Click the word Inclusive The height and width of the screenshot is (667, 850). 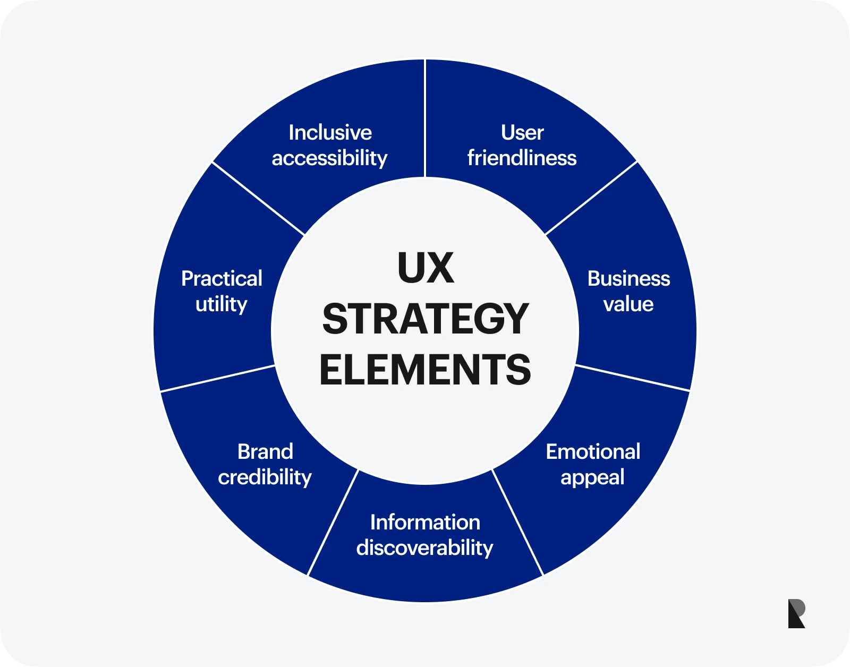tap(330, 133)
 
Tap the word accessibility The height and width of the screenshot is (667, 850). tap(329, 158)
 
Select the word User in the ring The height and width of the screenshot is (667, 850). tap(522, 133)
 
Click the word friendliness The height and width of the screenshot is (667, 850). tap(522, 158)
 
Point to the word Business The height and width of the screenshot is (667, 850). tap(628, 279)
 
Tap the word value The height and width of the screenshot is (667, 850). tap(628, 304)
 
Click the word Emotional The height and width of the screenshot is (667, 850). tap(593, 452)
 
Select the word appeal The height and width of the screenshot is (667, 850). tap(592, 477)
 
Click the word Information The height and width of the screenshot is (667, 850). tap(425, 523)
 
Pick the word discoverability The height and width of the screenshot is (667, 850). tap(424, 548)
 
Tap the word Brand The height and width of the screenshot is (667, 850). tap(265, 452)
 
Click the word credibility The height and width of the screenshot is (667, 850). tap(265, 477)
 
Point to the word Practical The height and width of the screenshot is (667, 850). tap(222, 279)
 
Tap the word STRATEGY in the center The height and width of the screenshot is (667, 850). tap(425, 319)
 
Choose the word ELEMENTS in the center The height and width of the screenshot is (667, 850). tap(425, 370)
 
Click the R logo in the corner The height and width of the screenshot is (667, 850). tap(796, 614)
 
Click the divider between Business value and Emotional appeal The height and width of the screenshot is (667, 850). tap(632, 378)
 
